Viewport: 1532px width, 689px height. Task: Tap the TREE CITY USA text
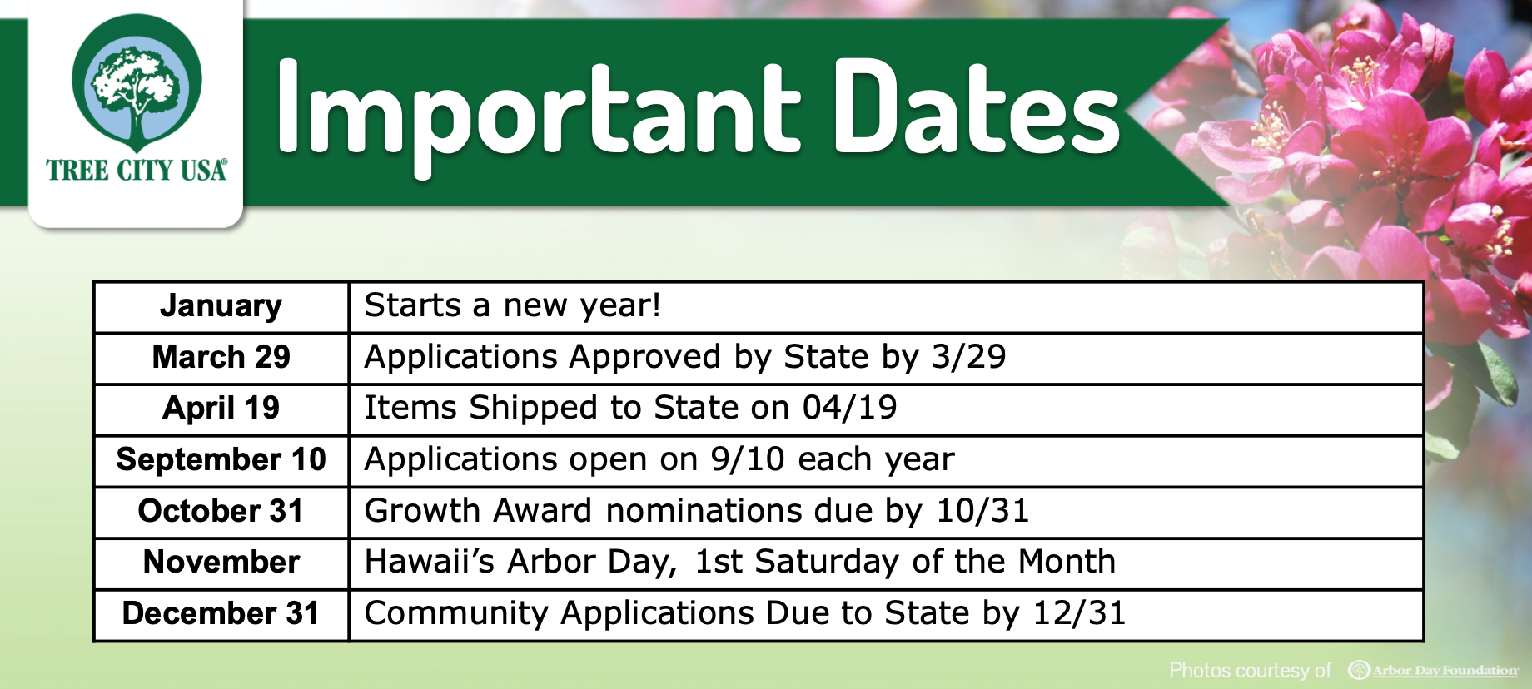(137, 171)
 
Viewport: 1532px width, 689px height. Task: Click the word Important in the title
(538, 112)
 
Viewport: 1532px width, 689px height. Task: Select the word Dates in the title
(976, 112)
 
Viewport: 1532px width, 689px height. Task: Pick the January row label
(221, 306)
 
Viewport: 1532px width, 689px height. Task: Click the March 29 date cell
(221, 358)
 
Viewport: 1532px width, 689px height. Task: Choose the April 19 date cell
(221, 409)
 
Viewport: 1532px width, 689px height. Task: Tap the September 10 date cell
(221, 460)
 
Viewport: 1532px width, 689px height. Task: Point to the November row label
(221, 563)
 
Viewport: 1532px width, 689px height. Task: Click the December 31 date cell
(221, 614)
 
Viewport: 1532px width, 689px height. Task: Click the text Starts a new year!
(512, 306)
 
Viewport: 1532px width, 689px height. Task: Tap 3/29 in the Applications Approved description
(968, 358)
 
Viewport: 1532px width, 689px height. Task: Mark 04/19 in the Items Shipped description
(849, 409)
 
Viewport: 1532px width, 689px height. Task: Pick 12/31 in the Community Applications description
(1079, 614)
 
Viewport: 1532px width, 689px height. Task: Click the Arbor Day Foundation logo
(1433, 670)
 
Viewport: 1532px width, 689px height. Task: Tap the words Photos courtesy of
(1250, 671)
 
